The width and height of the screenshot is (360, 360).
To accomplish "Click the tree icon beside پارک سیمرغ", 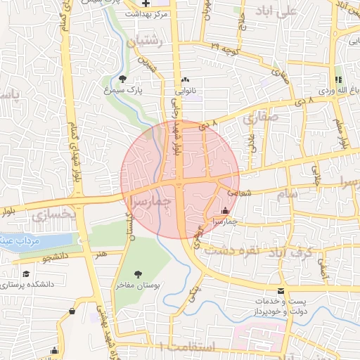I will point(124,79).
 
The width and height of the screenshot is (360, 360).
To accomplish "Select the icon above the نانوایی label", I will point(185,80).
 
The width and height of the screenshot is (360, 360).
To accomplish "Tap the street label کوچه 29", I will point(225,49).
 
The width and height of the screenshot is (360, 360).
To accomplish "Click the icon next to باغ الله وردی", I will point(338,79).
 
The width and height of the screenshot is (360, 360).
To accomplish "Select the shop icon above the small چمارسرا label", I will point(225,210).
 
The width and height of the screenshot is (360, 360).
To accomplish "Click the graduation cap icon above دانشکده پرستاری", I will point(26,274).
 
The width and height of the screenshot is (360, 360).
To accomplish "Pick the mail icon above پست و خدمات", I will point(281,291).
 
